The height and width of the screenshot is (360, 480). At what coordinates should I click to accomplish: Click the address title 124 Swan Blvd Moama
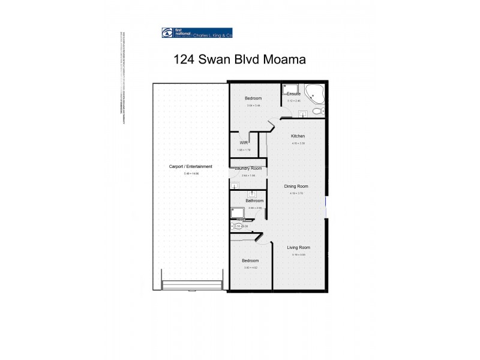pyautogui.click(x=239, y=59)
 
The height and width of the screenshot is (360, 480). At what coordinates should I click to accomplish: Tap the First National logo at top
pyautogui.click(x=197, y=33)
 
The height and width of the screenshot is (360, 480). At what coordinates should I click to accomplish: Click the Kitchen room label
pyautogui.click(x=298, y=136)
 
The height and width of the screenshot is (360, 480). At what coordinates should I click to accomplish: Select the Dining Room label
pyautogui.click(x=296, y=187)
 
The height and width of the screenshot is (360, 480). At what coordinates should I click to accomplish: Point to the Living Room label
pyautogui.click(x=298, y=247)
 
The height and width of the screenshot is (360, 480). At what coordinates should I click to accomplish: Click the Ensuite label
pyautogui.click(x=293, y=94)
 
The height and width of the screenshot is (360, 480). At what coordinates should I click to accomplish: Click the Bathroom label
pyautogui.click(x=254, y=200)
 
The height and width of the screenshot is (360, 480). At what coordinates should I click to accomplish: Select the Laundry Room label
pyautogui.click(x=248, y=169)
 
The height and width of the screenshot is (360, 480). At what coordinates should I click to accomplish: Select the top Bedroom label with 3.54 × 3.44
pyautogui.click(x=253, y=99)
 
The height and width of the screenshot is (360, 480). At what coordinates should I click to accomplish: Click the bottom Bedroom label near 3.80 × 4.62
pyautogui.click(x=250, y=260)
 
